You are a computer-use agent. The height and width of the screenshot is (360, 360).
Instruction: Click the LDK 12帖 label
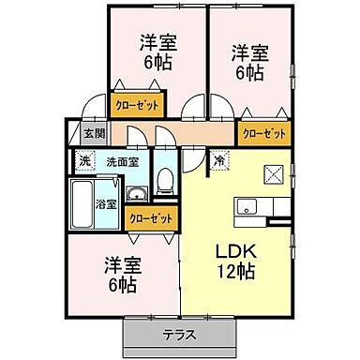coord(236,263)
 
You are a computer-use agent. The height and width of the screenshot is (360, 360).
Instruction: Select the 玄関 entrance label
coord(91,134)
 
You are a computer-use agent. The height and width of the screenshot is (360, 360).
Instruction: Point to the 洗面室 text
coord(122,161)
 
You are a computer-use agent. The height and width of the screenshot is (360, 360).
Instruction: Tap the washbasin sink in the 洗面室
coord(137,194)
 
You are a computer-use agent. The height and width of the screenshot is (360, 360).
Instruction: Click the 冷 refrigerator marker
coord(217,160)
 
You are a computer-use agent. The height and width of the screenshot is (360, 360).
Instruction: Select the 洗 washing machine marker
coord(83,161)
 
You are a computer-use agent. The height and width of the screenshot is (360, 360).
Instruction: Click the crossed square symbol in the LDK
coord(273,172)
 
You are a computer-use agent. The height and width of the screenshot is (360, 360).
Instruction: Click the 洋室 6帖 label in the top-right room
coord(247,62)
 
